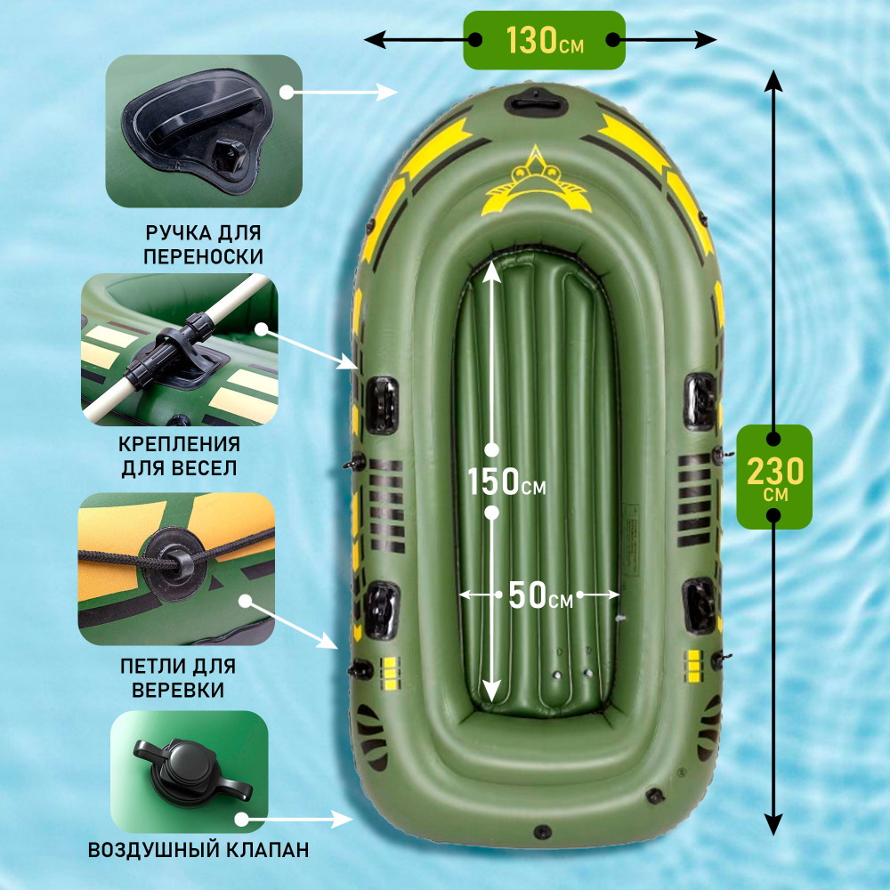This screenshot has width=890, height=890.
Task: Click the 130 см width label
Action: click(545, 40)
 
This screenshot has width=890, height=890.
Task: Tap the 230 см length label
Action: click(774, 477)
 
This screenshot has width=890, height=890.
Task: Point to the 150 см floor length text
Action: click(506, 481)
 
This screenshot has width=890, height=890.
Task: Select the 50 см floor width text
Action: click(540, 595)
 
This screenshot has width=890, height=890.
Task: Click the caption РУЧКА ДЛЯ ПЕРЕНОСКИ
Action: click(203, 245)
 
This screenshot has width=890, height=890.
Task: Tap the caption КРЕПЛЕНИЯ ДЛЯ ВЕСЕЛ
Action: click(180, 456)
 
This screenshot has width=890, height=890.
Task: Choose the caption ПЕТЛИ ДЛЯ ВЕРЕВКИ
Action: click(178, 677)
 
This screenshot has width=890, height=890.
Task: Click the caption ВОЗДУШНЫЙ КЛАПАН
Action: click(198, 850)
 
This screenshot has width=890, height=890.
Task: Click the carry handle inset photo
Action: click(204, 131)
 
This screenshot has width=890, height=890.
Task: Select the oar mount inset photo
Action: click(180, 350)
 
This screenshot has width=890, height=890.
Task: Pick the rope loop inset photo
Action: click(176, 569)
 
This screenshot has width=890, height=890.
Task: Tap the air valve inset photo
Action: click(189, 772)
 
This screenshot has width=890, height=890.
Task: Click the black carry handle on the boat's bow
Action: click(536, 102)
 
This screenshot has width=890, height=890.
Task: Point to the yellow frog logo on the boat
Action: click(535, 181)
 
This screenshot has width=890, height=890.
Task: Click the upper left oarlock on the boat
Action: click(382, 405)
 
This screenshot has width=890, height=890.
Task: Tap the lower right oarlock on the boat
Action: click(700, 605)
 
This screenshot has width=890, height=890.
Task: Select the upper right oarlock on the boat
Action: click(700, 401)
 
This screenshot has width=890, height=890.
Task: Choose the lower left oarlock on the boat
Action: click(382, 611)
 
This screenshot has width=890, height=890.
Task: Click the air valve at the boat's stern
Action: click(542, 832)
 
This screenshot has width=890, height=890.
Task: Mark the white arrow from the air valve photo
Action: click(296, 819)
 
